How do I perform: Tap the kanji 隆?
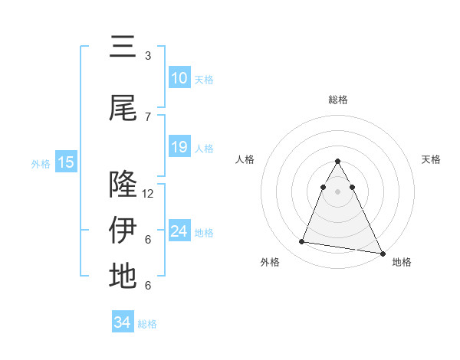(123, 185)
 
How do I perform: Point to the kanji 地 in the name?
(123, 276)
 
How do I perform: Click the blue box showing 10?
(179, 78)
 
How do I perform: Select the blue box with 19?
(179, 147)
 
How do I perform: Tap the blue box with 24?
(179, 231)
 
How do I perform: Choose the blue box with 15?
(66, 162)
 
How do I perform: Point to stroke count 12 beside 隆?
(148, 193)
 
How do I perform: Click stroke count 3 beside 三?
(148, 55)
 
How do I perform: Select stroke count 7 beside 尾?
(148, 116)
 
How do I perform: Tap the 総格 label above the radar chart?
(338, 100)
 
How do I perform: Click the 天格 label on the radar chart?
(432, 159)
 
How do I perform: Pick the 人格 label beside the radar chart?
(245, 159)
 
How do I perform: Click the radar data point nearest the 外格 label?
(301, 242)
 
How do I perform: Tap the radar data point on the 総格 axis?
(338, 162)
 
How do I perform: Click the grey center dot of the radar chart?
(338, 191)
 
